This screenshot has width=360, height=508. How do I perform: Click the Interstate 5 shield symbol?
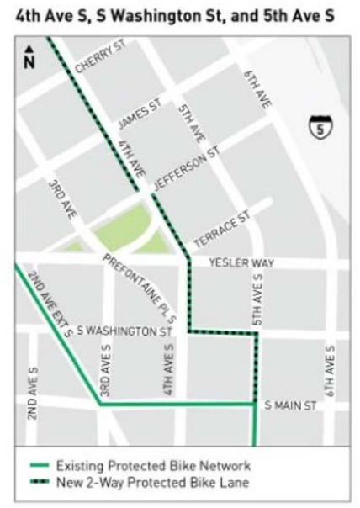(319, 128)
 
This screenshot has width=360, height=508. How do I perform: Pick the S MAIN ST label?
(290, 406)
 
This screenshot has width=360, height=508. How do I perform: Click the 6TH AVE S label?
(331, 370)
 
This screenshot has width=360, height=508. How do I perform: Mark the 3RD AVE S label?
(106, 369)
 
